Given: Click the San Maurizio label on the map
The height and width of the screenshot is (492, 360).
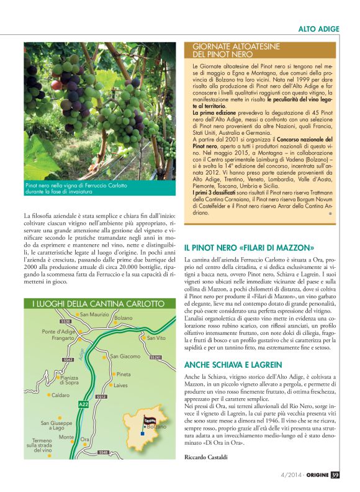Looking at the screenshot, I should (x=94, y=315).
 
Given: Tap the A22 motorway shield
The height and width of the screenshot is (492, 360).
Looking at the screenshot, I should (x=84, y=404).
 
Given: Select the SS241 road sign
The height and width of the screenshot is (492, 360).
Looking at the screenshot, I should (x=155, y=358).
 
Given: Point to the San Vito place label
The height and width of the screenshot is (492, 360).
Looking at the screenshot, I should (x=156, y=338).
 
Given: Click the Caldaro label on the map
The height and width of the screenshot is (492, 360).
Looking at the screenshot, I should (x=60, y=395).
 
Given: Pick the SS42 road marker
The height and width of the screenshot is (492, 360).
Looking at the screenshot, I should (x=68, y=360).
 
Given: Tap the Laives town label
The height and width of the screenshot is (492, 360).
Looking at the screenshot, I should (x=120, y=385).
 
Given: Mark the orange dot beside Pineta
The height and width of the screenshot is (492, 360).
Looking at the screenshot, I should (x=114, y=375).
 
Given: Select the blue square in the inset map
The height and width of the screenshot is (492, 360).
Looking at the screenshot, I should (x=144, y=434).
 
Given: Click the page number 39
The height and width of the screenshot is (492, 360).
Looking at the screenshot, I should (x=335, y=475).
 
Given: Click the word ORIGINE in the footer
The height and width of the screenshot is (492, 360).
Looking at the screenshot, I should (x=316, y=475).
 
